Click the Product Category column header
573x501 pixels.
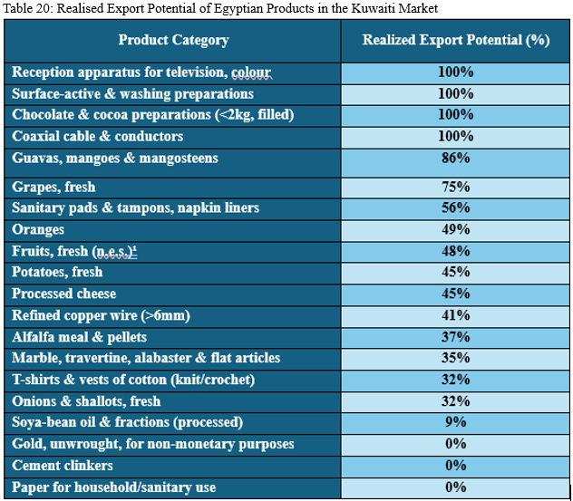point(173,40)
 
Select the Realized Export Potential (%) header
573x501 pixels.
point(455,40)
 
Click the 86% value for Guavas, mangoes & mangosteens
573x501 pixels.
point(455,159)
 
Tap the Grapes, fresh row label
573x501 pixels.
point(53,187)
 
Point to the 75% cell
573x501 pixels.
point(455,187)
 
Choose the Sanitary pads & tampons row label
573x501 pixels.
point(135,208)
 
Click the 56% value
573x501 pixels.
point(455,208)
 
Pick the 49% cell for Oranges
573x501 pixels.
point(455,229)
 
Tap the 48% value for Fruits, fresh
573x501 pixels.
point(455,251)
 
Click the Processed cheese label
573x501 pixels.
point(64,294)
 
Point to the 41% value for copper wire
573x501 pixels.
point(455,315)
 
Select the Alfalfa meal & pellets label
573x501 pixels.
point(79,337)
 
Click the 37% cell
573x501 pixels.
point(455,337)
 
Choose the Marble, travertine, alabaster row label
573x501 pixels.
point(146,358)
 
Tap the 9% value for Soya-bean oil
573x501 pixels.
point(455,422)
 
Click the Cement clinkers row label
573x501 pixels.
point(63,466)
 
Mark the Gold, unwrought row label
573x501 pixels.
point(153,444)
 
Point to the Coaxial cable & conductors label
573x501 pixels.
point(98,136)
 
